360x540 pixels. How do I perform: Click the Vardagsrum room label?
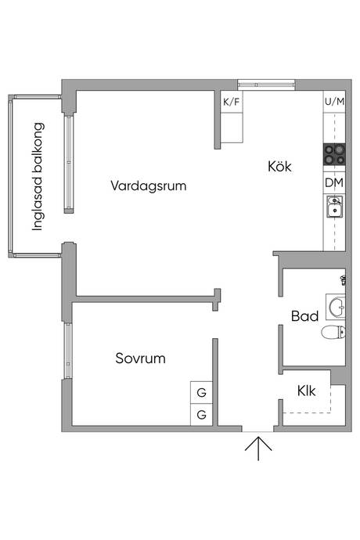click(x=149, y=185)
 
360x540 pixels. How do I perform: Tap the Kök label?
click(x=279, y=167)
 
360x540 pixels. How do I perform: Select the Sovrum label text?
click(x=140, y=358)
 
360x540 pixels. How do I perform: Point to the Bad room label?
click(x=304, y=316)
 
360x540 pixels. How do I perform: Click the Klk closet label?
click(x=306, y=391)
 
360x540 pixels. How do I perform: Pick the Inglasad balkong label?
click(x=38, y=177)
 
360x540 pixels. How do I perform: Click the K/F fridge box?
click(x=232, y=102)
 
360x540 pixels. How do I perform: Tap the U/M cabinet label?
click(x=334, y=102)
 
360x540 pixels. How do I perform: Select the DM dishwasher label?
click(x=334, y=182)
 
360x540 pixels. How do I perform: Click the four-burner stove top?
click(x=334, y=155)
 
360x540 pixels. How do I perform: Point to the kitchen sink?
click(x=334, y=206)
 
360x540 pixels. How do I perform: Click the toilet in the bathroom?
click(x=333, y=333)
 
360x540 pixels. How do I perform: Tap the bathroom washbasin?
click(x=336, y=305)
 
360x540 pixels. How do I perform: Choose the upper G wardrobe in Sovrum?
click(x=202, y=392)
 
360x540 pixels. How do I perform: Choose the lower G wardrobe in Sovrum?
click(x=202, y=414)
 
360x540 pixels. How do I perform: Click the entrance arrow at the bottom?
click(x=258, y=448)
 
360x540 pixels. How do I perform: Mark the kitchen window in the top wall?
click(x=266, y=85)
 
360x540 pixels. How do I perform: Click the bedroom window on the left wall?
click(x=68, y=351)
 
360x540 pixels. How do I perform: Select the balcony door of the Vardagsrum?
click(x=69, y=164)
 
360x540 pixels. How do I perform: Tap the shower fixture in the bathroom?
click(x=343, y=280)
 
